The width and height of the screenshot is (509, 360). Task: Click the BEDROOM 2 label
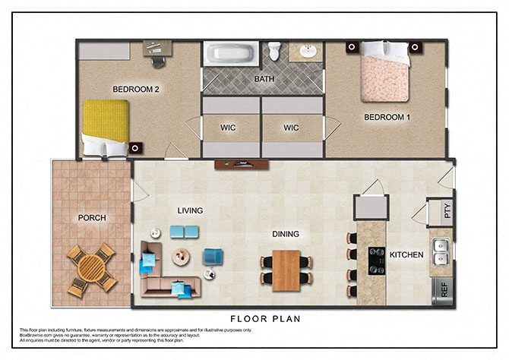coord(135,89)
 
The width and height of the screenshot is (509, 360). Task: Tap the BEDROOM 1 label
coord(387,117)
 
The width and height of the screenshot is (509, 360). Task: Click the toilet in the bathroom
coord(275,52)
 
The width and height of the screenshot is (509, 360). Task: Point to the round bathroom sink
coord(308,52)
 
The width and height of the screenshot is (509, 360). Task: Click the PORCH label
coord(92,218)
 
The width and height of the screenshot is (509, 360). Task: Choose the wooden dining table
coord(287,270)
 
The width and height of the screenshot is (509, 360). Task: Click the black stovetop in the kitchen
coord(376,261)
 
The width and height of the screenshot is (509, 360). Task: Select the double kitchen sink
coord(440,247)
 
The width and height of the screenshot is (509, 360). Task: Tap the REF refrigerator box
coord(440,289)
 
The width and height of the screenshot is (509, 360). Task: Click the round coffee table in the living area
coord(182,257)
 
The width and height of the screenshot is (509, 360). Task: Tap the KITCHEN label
coord(406,254)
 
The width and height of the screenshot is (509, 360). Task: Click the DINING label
coord(286,234)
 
